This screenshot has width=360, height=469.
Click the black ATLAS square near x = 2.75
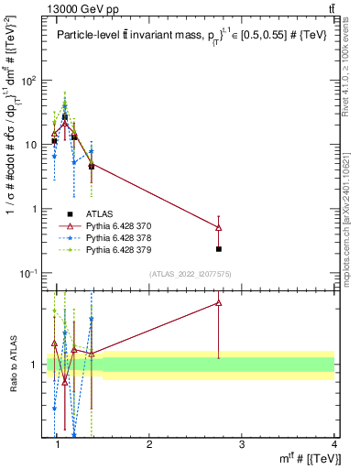(x=218, y=248)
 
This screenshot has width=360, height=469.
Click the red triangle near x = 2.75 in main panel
(x=218, y=227)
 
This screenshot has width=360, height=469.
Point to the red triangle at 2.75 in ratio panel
(x=218, y=302)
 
